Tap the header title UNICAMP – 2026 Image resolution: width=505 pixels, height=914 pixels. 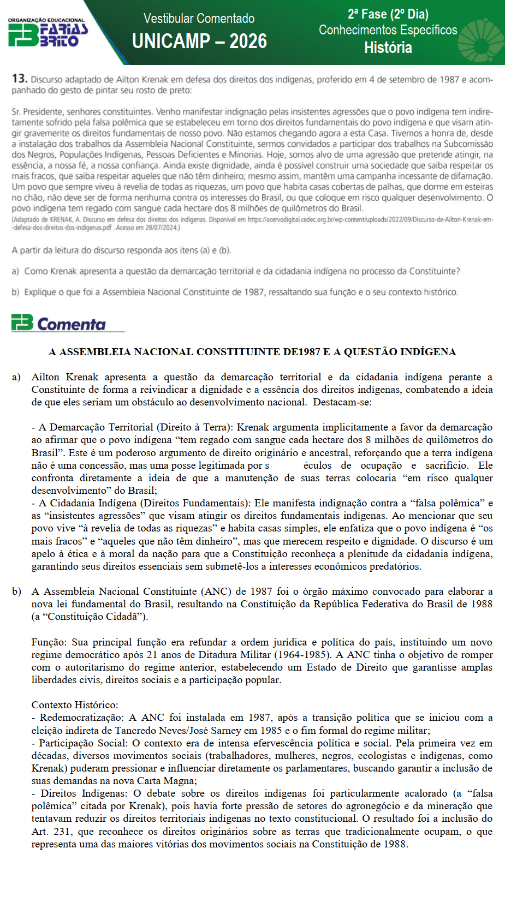pyautogui.click(x=199, y=41)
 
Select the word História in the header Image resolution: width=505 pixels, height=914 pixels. pyautogui.click(x=388, y=48)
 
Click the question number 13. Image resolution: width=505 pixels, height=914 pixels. pyautogui.click(x=19, y=79)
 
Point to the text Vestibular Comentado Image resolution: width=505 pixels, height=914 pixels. pyautogui.click(x=199, y=19)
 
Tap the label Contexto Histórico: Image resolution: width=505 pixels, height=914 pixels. pyautogui.click(x=75, y=705)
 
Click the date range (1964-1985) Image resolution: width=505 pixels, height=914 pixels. pyautogui.click(x=303, y=655)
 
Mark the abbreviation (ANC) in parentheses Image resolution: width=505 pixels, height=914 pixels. pyautogui.click(x=216, y=592)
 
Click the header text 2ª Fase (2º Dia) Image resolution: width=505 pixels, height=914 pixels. pyautogui.click(x=388, y=14)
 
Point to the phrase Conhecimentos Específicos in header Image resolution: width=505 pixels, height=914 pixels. pyautogui.click(x=388, y=30)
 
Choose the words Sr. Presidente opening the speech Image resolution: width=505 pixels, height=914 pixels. pyautogui.click(x=38, y=111)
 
